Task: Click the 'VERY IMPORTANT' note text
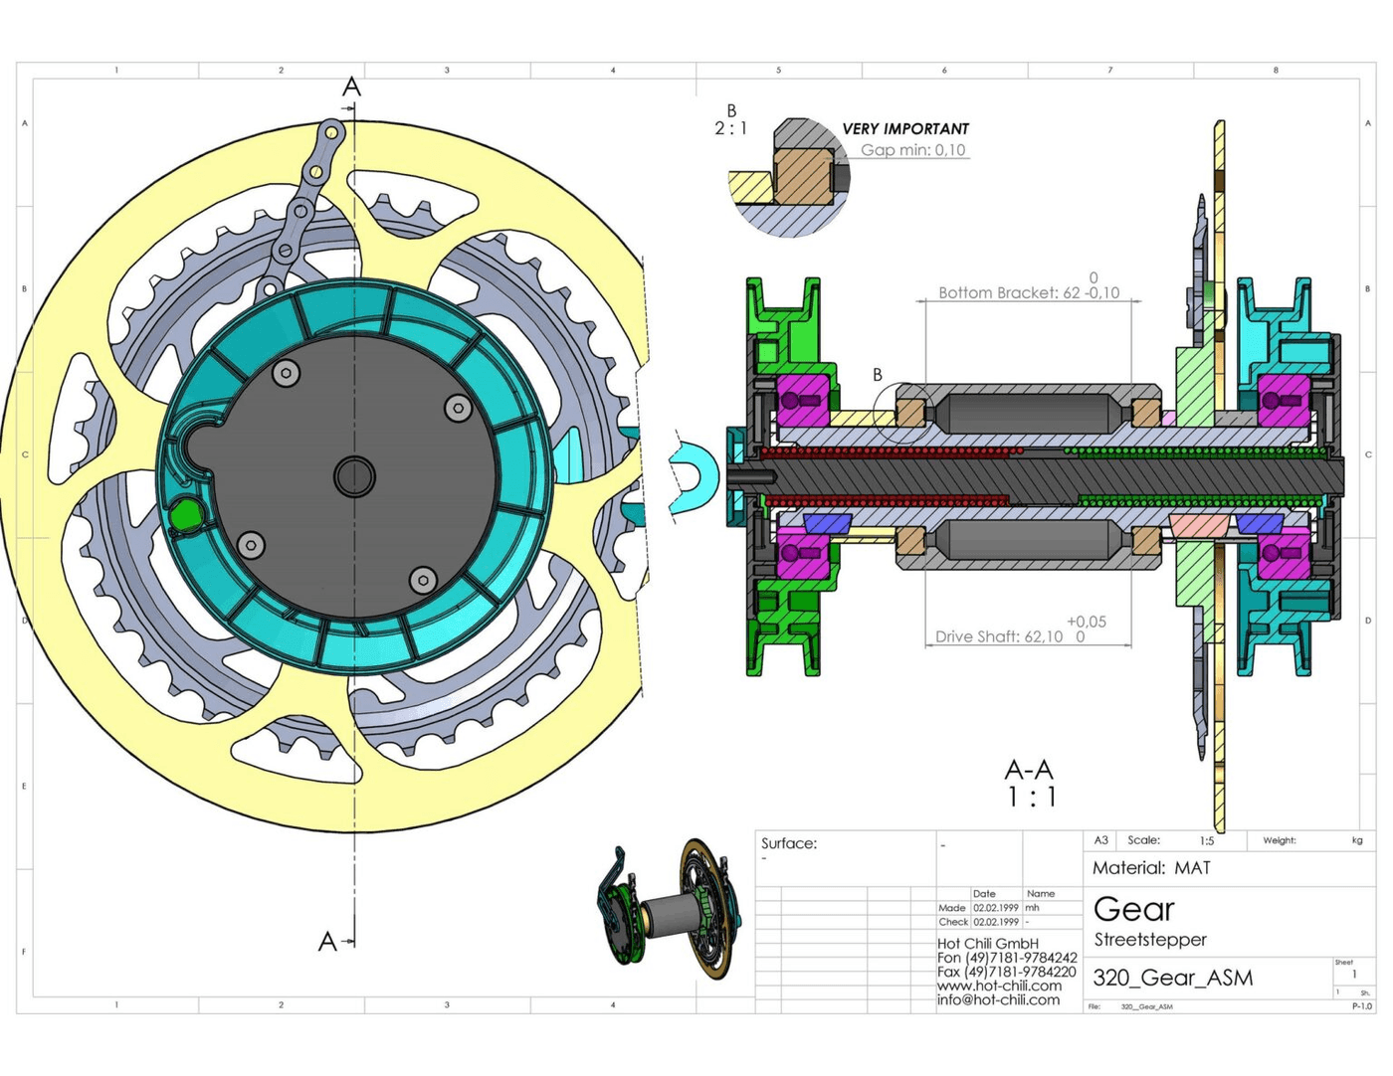[x=904, y=129]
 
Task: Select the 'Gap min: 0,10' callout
[x=912, y=150]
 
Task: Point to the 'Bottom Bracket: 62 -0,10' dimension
[x=1028, y=292]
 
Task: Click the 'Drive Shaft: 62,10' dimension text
[x=999, y=636]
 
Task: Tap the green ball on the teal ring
[x=185, y=515]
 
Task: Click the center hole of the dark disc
[x=354, y=476]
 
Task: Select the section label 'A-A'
[x=1029, y=770]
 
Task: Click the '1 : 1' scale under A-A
[x=1031, y=798]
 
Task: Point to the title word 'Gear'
[x=1133, y=909]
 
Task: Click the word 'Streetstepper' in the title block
[x=1150, y=940]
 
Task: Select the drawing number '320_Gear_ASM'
[x=1172, y=978]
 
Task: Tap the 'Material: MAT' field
[x=1151, y=868]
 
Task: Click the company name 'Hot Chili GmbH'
[x=987, y=943]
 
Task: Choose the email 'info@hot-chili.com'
[x=998, y=999]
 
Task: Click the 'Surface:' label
[x=789, y=843]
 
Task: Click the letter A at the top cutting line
[x=351, y=88]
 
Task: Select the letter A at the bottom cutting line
[x=327, y=941]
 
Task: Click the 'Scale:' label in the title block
[x=1143, y=840]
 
